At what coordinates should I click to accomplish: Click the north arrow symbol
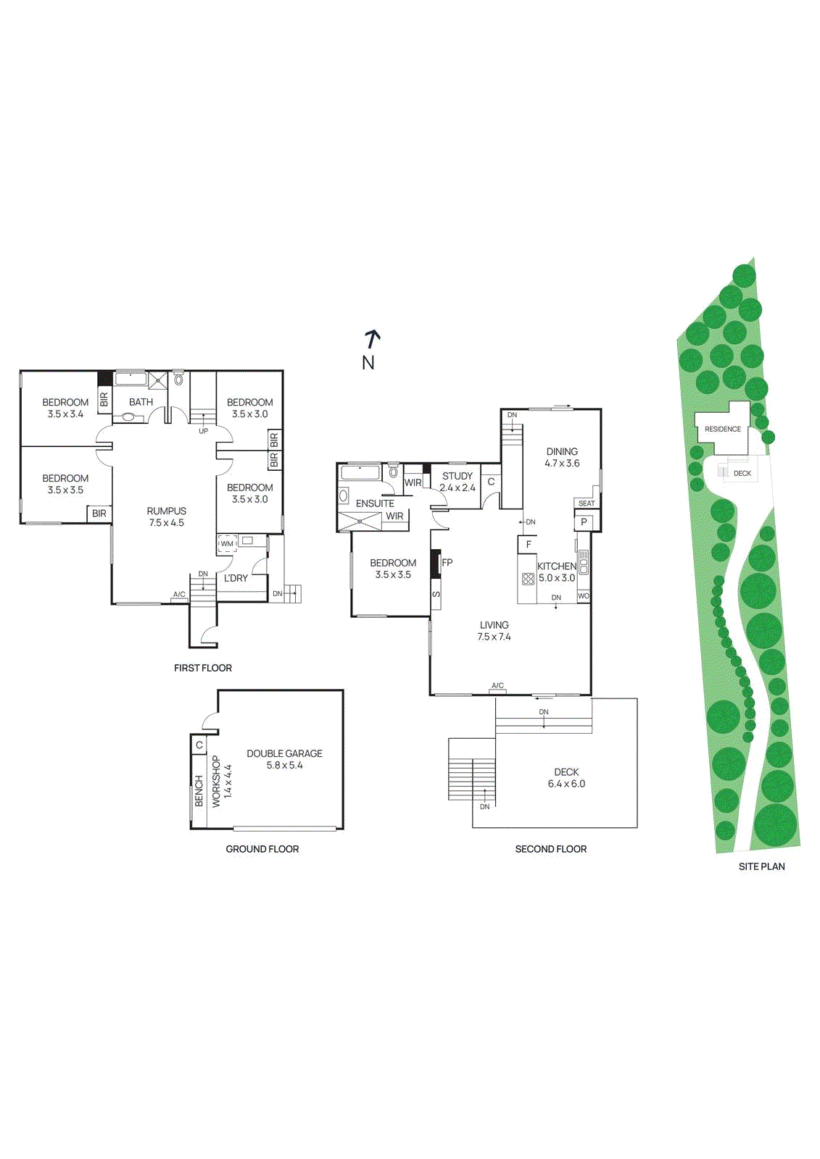click(x=372, y=338)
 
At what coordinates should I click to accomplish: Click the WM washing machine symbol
click(x=227, y=543)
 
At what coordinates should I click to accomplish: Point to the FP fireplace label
click(x=447, y=562)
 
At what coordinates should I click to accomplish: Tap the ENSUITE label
click(x=375, y=503)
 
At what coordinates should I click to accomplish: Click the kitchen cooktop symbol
click(x=528, y=578)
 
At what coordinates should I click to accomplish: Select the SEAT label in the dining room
click(x=587, y=503)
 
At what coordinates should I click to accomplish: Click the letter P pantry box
click(x=584, y=522)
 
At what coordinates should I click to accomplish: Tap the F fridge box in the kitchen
click(x=529, y=545)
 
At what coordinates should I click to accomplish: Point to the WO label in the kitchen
click(x=584, y=596)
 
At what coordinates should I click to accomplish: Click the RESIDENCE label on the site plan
click(x=723, y=429)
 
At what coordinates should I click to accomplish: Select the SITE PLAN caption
click(x=761, y=866)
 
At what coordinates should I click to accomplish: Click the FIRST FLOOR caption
click(x=203, y=668)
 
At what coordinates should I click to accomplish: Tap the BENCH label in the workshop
click(x=199, y=791)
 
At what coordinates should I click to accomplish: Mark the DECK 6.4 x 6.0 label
click(x=566, y=778)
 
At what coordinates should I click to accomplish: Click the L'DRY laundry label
click(x=236, y=578)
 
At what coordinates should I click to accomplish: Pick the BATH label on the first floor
click(x=141, y=402)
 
